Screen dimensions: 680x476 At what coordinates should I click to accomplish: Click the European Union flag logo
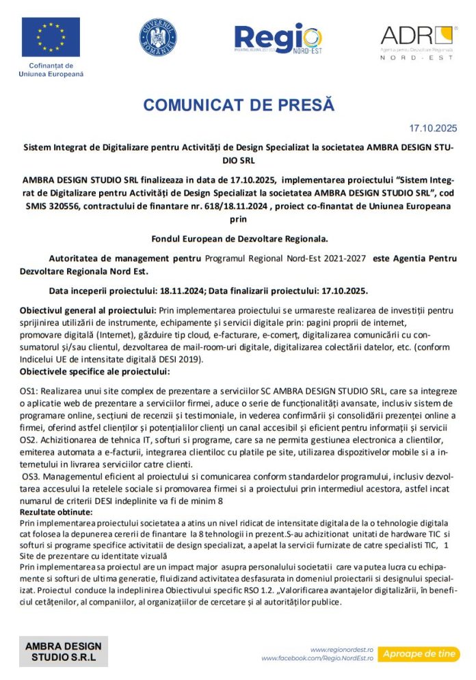point(51,37)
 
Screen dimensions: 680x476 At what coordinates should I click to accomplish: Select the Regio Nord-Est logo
point(277,39)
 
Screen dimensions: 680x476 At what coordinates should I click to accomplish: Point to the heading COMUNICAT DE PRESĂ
point(238,105)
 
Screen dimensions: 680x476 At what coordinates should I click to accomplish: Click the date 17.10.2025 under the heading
point(434,128)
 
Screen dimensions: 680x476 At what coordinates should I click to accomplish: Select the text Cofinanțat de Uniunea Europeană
point(51,70)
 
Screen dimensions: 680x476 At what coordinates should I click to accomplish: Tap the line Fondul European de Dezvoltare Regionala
point(239,239)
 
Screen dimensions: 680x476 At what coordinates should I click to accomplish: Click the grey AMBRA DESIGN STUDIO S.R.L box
point(63,651)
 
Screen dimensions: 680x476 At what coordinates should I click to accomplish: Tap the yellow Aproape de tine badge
point(418,653)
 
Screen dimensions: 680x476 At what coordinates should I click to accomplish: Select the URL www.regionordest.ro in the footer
point(342,649)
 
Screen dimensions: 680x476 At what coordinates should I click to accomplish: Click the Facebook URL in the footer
point(317,658)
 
